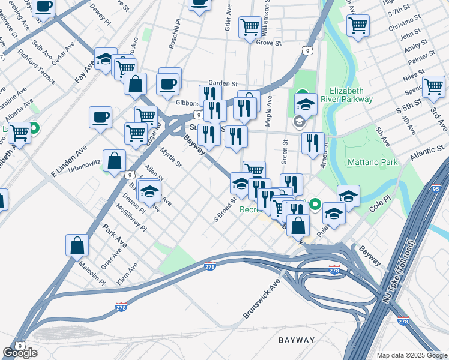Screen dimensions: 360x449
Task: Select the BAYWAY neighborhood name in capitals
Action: [297, 340]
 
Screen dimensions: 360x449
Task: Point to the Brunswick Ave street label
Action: [262, 298]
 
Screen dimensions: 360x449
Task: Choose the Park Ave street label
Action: [115, 233]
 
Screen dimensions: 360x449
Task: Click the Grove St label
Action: [268, 43]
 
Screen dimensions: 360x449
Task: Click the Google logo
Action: [20, 353]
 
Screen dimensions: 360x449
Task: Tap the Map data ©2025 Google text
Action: [412, 355]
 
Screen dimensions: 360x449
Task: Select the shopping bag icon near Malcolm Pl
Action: [77, 244]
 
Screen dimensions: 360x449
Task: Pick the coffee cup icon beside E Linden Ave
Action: [100, 116]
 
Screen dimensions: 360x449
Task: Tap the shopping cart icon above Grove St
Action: [250, 27]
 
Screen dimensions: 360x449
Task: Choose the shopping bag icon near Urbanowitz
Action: [114, 160]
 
